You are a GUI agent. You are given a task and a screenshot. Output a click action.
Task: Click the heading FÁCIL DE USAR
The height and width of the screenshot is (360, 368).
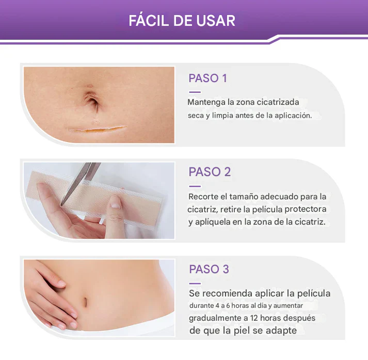182,21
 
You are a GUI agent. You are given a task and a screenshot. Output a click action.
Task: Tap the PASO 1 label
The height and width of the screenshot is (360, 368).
207,79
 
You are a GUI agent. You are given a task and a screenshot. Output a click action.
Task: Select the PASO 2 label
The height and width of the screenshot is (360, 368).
210,172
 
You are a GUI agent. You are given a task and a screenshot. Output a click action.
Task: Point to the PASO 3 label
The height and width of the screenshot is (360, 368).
209,269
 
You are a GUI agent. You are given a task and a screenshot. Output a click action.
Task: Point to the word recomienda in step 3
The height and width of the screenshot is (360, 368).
227,293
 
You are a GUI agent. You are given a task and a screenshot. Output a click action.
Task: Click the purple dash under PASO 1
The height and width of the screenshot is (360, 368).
195,92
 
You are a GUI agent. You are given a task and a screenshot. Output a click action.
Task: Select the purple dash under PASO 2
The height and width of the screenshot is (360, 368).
195,186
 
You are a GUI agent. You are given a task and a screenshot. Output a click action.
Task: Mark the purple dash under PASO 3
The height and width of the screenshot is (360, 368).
195,283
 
